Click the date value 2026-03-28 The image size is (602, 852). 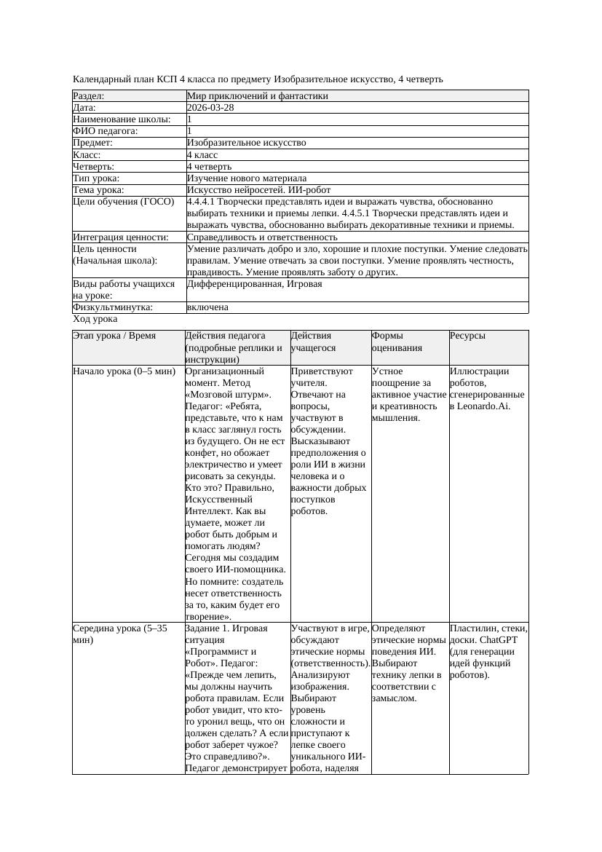210,108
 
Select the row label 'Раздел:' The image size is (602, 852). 89,96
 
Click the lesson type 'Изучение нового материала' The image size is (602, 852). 247,178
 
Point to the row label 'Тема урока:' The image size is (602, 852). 99,190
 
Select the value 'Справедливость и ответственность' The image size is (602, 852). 262,237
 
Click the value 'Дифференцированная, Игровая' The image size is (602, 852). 254,284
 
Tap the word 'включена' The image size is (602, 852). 207,307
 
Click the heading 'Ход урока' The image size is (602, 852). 95,319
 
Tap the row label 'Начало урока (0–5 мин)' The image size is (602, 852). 124,371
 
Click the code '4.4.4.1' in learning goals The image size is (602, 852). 204,202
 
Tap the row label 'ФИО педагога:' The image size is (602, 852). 106,131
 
